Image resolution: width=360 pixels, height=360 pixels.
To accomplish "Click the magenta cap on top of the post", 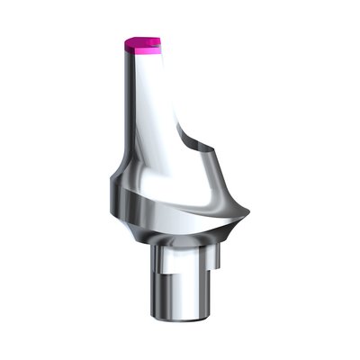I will pyautogui.click(x=141, y=45).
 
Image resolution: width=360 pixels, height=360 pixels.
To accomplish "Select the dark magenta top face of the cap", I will pyautogui.click(x=142, y=40).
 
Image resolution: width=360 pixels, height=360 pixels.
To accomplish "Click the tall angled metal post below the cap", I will pyautogui.click(x=148, y=108).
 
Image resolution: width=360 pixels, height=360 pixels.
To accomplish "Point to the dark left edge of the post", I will pyautogui.click(x=125, y=108).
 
